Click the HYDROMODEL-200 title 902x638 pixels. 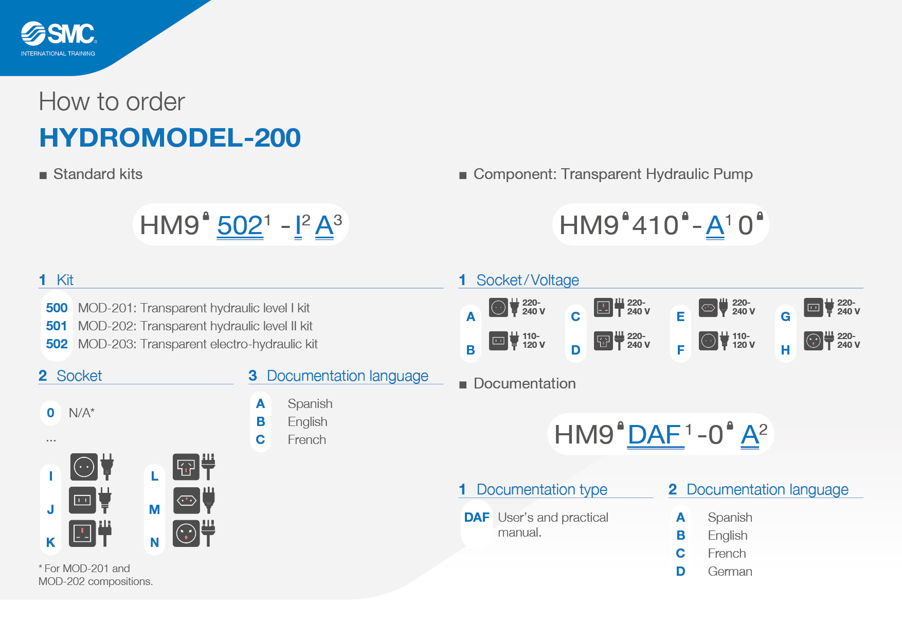170,137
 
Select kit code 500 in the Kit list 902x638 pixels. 57,308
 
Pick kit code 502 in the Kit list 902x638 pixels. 57,344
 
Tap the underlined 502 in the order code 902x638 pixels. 240,225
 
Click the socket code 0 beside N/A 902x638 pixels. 50,413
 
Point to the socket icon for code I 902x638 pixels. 84,467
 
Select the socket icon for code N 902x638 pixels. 186,533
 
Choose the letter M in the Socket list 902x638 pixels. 154,509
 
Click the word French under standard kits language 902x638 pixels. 306,439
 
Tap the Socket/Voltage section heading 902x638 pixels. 528,280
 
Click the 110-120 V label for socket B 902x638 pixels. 534,341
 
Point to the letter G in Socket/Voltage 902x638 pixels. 785,316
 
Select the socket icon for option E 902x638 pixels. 708,308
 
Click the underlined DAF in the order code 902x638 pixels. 655,435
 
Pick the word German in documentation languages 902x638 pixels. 730,571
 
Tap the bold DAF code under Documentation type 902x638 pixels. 477,517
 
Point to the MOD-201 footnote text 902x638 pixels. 96,575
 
